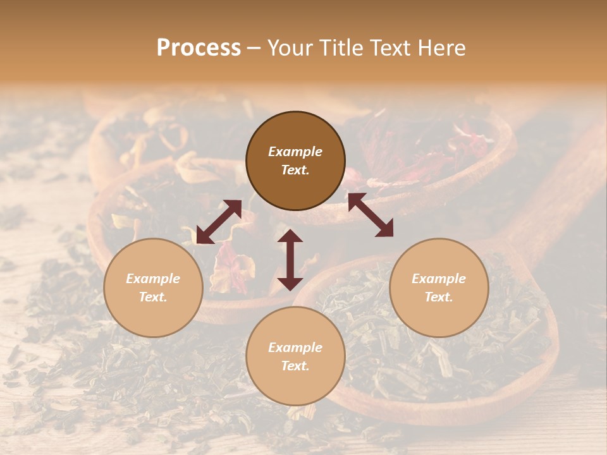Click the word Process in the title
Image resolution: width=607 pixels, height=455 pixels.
point(199,48)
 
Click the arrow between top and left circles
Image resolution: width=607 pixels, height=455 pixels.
point(219,222)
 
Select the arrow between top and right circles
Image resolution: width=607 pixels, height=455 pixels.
point(371,215)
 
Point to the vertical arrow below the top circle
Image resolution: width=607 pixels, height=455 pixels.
point(290,260)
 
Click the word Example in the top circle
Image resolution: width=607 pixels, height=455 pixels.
point(295,152)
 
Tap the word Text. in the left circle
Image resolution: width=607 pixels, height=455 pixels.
point(153,297)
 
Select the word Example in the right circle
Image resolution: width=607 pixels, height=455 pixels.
point(439,279)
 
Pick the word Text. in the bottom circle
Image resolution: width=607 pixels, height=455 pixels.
point(295,366)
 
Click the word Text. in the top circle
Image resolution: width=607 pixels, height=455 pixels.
point(295,170)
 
